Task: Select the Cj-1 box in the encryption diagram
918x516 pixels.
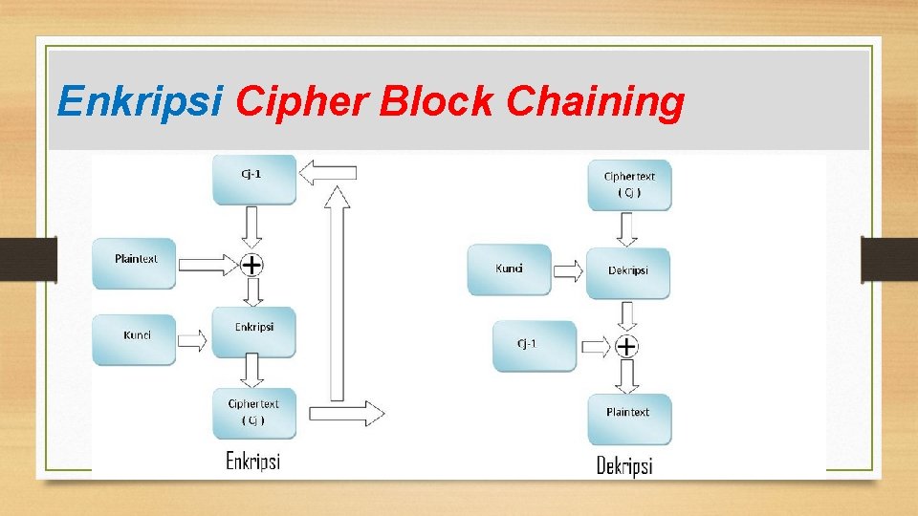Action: coord(254,180)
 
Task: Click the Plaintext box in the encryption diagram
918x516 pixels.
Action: coord(135,263)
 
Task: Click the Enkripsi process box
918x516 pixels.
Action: coord(254,331)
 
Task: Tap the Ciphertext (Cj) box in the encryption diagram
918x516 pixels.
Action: coord(254,412)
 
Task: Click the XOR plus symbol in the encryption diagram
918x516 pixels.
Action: coord(251,264)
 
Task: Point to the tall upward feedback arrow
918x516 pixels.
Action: coord(338,291)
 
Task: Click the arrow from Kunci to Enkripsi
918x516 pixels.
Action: coord(192,339)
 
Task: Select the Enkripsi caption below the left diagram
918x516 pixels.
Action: coord(252,462)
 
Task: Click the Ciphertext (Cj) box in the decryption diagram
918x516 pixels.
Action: coord(630,184)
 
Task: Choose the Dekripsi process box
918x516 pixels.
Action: coord(628,272)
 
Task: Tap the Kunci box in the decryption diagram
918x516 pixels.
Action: coord(510,269)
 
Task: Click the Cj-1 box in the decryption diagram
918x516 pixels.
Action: coord(535,345)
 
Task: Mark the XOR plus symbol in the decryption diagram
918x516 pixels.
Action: coord(626,346)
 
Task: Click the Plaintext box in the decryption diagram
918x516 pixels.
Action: coord(628,418)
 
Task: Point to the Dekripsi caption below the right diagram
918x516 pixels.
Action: coord(624,466)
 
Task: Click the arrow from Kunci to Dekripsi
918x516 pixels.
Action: coord(568,271)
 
